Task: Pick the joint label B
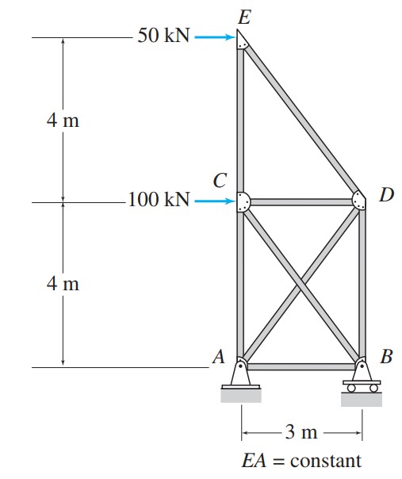coord(385,357)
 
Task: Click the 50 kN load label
coord(163,36)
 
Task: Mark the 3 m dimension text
coord(301,433)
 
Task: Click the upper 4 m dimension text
coord(63,121)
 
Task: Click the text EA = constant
coord(301,460)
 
